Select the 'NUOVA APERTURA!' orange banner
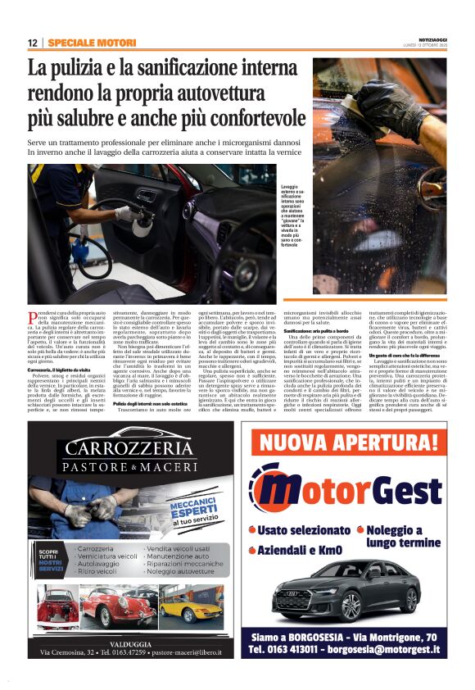pyautogui.click(x=354, y=445)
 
